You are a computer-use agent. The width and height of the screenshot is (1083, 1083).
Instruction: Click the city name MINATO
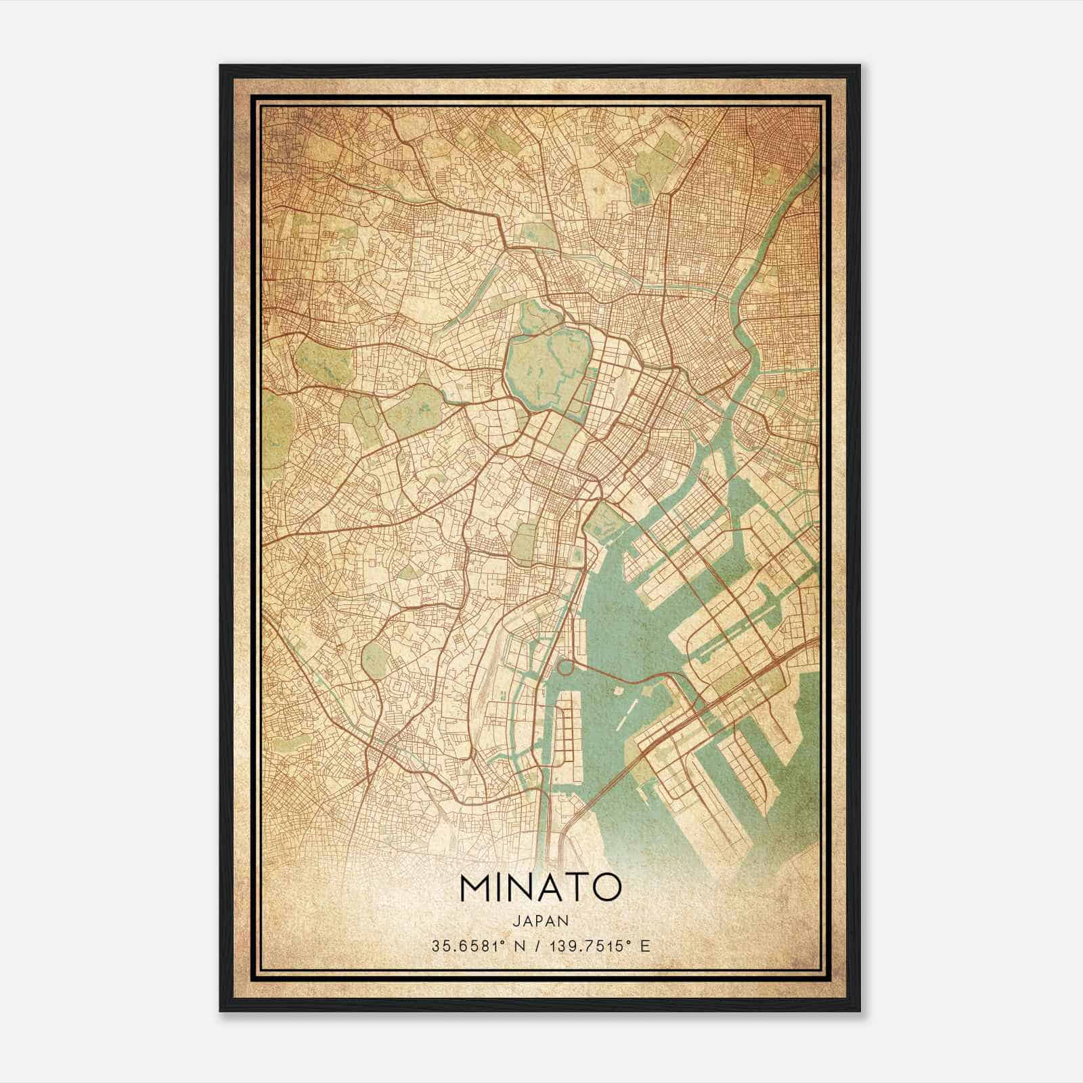[x=540, y=888]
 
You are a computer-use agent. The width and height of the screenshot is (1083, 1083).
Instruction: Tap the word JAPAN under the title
[x=540, y=921]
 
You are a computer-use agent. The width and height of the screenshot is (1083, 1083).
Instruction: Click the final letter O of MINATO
[x=607, y=888]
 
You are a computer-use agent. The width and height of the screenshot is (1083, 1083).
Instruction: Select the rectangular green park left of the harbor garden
[x=523, y=541]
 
